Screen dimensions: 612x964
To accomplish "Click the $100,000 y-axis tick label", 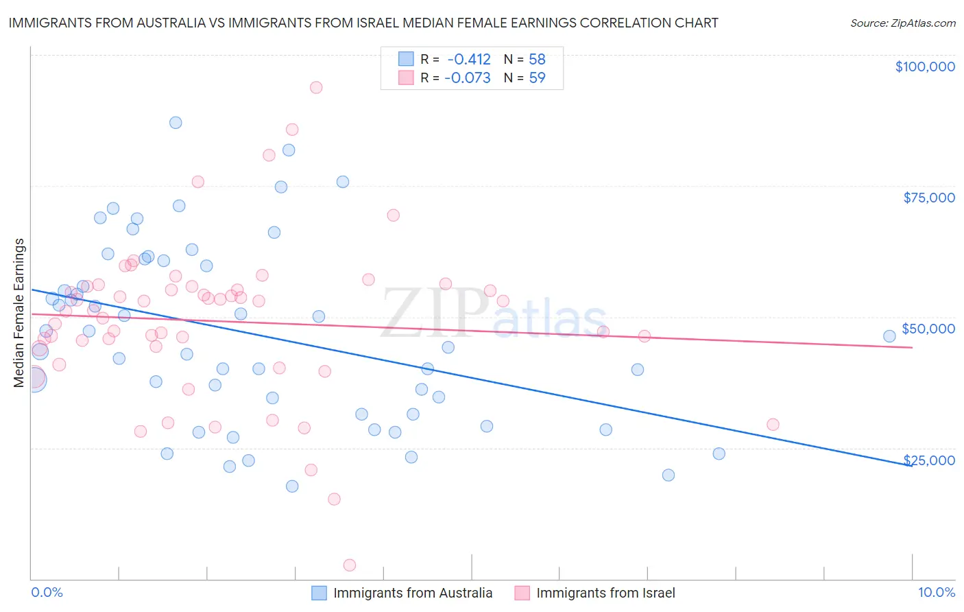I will coord(924,67).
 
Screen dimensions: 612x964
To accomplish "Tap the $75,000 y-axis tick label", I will coord(928,198).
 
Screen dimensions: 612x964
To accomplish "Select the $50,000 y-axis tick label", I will coord(928,329).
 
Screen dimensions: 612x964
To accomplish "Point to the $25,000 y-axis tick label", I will coord(929,460).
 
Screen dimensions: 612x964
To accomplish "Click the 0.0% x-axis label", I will coord(47,593).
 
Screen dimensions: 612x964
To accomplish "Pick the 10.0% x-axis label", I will coord(936,593).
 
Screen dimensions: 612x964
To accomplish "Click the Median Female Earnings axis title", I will coord(19,313).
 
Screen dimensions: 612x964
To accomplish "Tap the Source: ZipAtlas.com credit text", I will coord(902,23).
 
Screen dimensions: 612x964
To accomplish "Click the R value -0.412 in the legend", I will coord(468,60).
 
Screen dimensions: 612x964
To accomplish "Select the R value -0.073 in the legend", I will coord(467,78).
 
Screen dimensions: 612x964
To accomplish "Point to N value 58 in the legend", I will coord(537,60).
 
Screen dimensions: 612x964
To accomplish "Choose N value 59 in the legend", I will coord(537,78).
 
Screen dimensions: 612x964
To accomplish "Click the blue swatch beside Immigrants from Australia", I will coord(319,593).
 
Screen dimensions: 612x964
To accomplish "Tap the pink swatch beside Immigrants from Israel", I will coord(522,593).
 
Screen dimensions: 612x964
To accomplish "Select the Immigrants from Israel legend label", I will coord(605,593).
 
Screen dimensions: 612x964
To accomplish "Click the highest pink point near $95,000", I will coord(316,87).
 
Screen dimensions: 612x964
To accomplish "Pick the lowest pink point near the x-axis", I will coord(350,565).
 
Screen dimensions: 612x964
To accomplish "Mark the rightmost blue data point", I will coord(889,336).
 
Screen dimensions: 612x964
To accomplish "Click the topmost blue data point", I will coord(176,123).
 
